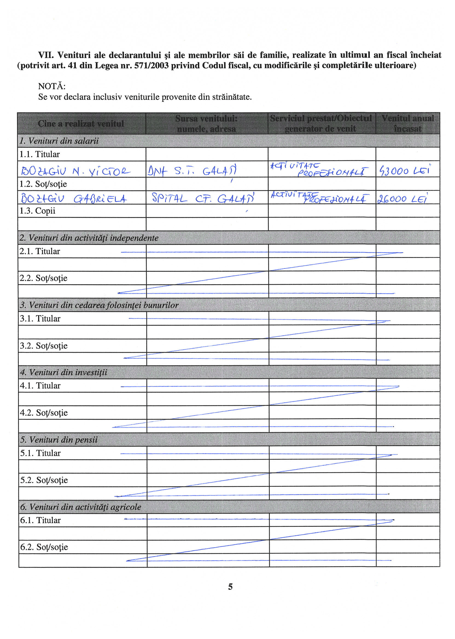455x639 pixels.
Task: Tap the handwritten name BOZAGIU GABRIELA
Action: [73, 198]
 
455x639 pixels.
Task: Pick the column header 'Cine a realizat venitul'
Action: [81, 124]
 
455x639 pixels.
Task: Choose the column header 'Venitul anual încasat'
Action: [408, 123]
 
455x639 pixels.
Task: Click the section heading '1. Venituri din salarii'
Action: [59, 141]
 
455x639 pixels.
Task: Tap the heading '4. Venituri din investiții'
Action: [64, 372]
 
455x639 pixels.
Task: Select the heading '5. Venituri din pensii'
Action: [59, 440]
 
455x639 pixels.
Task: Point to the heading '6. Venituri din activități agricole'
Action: [80, 507]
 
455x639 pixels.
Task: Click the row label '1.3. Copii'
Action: [37, 211]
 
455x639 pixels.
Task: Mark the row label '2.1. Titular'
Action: [39, 251]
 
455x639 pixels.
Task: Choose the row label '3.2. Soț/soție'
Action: [43, 345]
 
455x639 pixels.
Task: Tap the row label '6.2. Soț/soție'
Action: [44, 547]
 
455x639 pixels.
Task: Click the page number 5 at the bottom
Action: [230, 586]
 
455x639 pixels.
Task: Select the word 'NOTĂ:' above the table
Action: [52, 86]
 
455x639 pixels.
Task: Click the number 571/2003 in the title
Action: [151, 66]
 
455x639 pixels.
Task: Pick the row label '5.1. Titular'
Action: [40, 453]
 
